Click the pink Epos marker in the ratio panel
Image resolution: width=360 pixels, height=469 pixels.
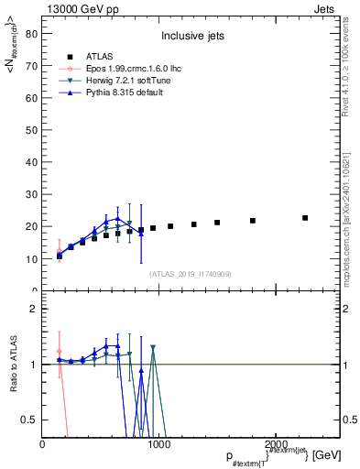click(60, 351)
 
